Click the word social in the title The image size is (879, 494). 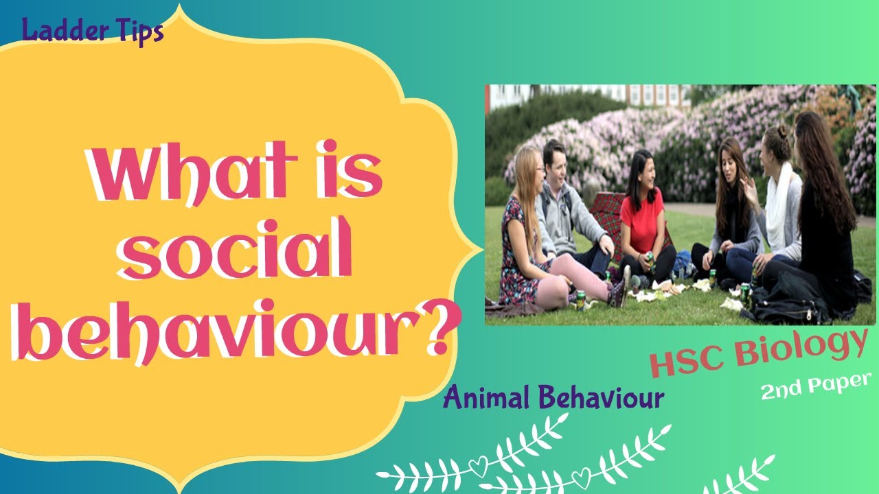[233, 258]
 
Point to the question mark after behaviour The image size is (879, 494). [437, 331]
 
